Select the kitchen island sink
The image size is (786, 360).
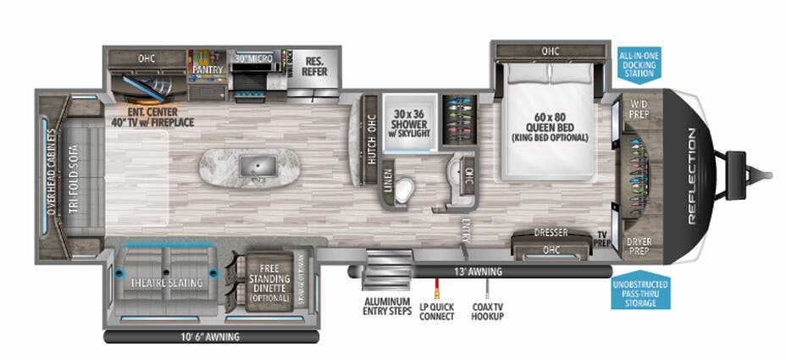[252, 166]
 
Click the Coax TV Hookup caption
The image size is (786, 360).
[487, 311]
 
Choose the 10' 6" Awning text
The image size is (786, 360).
[210, 336]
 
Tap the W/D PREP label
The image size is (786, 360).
[637, 108]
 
